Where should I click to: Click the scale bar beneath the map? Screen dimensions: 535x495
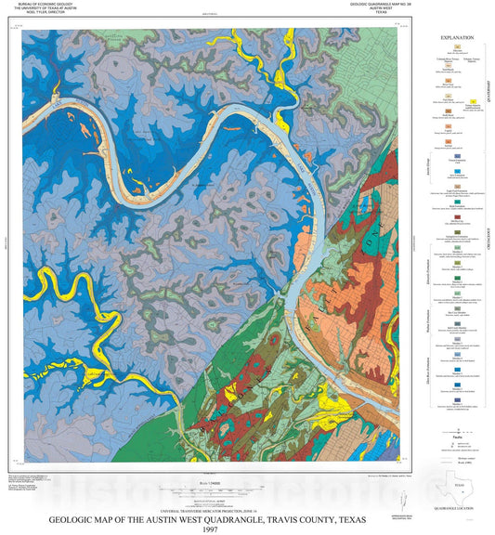click(206, 488)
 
